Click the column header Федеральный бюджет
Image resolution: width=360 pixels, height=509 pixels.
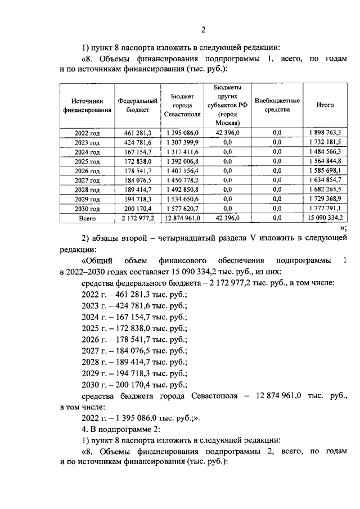[x=137, y=105]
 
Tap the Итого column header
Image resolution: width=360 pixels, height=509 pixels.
[x=325, y=105]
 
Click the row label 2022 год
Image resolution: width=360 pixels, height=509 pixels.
[x=87, y=133]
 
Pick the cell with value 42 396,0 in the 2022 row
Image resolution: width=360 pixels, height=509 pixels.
[x=227, y=133]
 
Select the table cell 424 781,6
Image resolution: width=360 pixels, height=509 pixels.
[x=137, y=142]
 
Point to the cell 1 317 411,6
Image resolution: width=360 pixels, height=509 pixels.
[x=183, y=152]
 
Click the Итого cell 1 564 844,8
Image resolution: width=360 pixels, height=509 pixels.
[x=325, y=161]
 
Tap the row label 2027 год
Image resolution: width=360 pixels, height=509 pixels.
[x=87, y=181]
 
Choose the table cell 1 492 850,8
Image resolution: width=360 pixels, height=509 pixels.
[x=183, y=190]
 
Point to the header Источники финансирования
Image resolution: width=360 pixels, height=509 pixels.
[x=87, y=105]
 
